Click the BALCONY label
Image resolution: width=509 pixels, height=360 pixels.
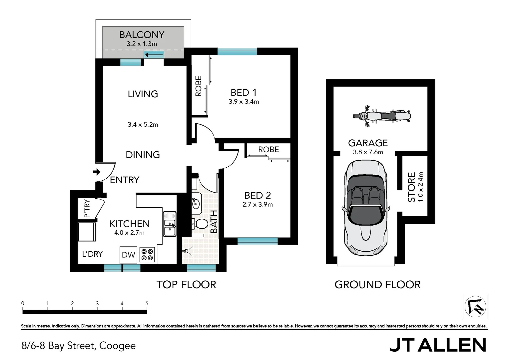coord(142,35)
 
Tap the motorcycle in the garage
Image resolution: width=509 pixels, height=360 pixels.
coord(382,116)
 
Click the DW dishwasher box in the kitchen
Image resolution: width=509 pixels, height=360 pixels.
coord(128,255)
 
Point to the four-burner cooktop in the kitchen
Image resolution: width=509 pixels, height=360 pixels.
coord(147,255)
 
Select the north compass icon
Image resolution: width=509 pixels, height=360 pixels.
coord(475,307)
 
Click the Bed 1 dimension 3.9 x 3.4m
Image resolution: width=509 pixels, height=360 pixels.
coord(244,102)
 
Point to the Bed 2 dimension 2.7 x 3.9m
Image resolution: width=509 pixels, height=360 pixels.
coord(257,205)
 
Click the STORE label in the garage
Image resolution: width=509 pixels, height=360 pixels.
coord(412,187)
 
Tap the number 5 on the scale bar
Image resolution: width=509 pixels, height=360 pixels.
coord(147,303)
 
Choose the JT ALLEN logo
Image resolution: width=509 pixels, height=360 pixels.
coord(438,345)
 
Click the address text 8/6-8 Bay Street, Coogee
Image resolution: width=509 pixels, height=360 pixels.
coord(79,346)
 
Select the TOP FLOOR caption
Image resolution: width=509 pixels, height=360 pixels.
coord(186,285)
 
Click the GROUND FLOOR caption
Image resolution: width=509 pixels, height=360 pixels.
coord(377,285)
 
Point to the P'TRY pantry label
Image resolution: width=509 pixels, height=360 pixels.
coord(87,208)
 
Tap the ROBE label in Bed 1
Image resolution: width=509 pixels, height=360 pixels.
coord(199,86)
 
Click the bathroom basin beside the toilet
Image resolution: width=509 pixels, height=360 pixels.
coord(196,202)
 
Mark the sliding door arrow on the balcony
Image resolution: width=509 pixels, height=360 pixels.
coord(154,55)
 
